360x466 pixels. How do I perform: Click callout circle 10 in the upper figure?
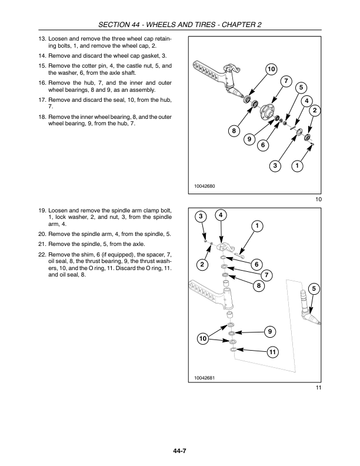coord(271,70)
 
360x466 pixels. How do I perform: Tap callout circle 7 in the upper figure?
coord(286,81)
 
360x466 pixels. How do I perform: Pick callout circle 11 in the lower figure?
coord(271,352)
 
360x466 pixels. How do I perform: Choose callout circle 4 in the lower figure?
coord(221,215)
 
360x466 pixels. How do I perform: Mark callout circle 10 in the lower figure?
coord(203,339)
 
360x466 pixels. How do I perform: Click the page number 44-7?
coord(180,451)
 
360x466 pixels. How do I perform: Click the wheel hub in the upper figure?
coord(268,110)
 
